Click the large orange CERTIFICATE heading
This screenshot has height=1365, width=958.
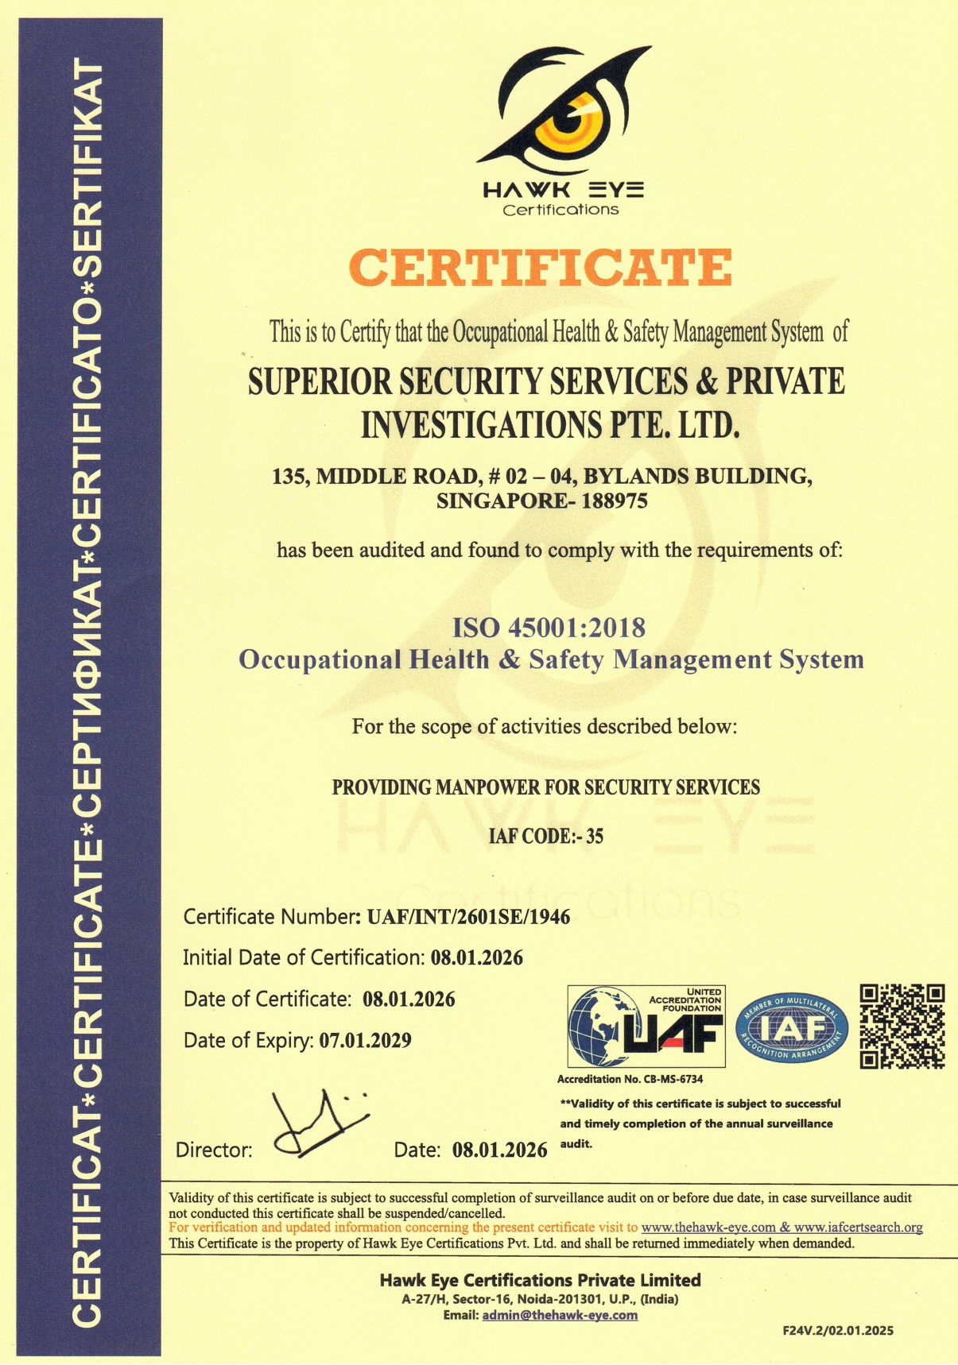[541, 268]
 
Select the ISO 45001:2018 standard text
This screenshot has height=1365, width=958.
[549, 628]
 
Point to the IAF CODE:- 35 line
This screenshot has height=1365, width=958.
[545, 836]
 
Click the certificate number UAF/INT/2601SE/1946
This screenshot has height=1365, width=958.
[468, 917]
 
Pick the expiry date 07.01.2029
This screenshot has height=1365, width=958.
[365, 1040]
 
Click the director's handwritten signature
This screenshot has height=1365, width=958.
[318, 1124]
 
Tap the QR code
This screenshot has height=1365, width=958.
[902, 1027]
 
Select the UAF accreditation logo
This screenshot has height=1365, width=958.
[646, 1027]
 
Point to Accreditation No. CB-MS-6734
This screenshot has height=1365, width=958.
[630, 1079]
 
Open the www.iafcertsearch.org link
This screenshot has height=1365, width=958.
[859, 1228]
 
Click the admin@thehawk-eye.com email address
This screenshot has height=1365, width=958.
[560, 1315]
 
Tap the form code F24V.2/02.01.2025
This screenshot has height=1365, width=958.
[838, 1330]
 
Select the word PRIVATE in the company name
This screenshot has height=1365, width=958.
[785, 381]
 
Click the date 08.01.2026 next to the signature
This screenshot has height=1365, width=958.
[500, 1150]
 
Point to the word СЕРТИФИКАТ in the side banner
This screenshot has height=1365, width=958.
[87, 671]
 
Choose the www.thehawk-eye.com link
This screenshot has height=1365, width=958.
[708, 1228]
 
